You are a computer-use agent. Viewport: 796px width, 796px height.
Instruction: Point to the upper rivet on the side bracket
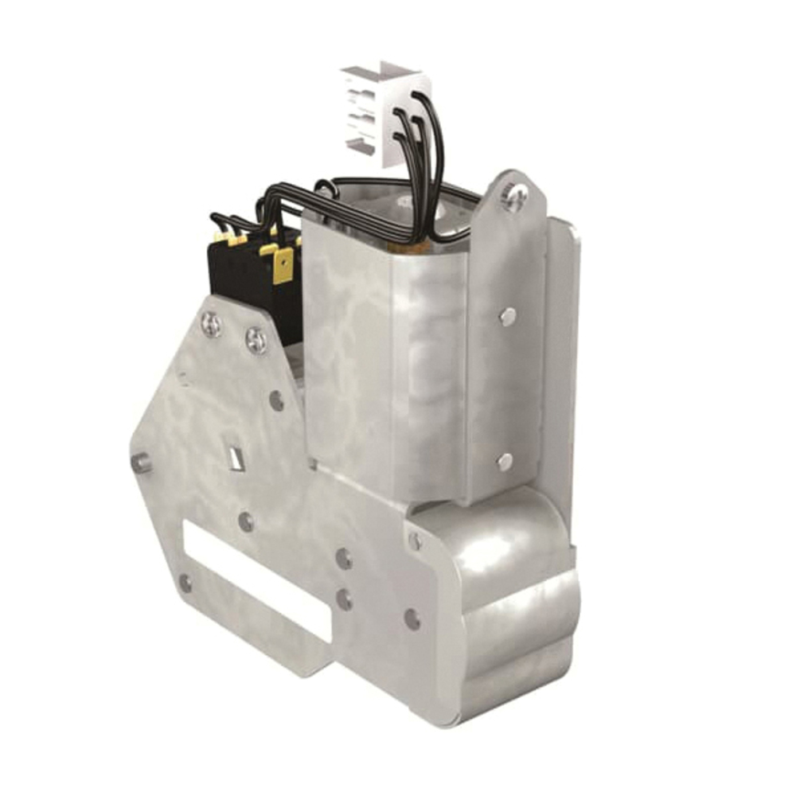tap(507, 317)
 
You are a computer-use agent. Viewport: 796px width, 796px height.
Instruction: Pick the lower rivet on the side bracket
tap(505, 461)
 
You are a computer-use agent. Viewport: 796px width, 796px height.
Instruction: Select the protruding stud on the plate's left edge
tap(141, 462)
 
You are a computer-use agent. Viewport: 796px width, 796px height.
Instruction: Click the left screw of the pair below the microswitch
tap(211, 323)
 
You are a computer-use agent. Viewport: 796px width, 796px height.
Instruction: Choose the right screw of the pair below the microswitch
tap(256, 340)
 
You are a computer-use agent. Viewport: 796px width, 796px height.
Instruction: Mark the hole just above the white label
tap(247, 522)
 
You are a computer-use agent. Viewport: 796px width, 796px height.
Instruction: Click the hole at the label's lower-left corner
tap(185, 583)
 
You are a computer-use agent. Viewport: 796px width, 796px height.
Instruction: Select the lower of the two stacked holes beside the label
tap(345, 599)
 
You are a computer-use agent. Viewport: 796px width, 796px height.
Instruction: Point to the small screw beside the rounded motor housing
tap(416, 541)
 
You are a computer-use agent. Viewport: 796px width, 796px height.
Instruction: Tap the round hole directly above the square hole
tap(276, 400)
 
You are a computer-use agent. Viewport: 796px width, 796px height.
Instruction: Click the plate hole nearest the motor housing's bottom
tap(412, 618)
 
